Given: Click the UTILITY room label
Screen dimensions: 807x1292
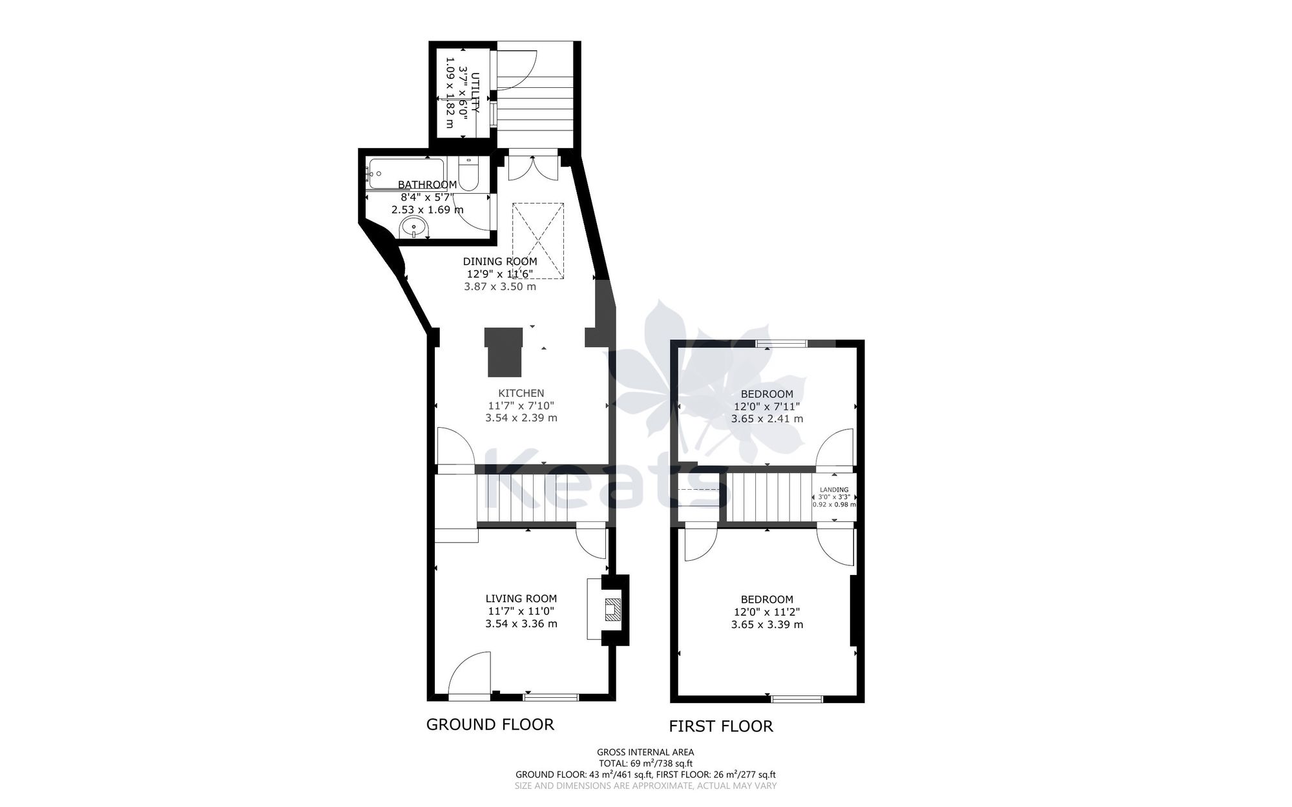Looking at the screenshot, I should [475, 94].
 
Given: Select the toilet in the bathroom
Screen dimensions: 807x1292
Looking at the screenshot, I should [468, 174].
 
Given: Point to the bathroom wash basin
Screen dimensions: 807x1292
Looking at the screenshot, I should [413, 227].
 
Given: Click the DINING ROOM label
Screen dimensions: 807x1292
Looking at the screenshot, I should [499, 262].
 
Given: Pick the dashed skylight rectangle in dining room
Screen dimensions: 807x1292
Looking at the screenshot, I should [538, 240].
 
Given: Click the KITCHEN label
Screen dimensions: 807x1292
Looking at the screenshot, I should [521, 393].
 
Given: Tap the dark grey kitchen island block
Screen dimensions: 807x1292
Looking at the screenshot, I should [503, 351].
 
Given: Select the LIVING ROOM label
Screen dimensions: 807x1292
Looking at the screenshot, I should [521, 599].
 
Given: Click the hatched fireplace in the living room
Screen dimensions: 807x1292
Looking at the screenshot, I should [612, 609].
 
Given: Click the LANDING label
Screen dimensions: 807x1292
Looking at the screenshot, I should [834, 490].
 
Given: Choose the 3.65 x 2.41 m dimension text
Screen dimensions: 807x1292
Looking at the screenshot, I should [767, 419].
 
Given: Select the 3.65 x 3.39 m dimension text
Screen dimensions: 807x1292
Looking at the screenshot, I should [767, 625].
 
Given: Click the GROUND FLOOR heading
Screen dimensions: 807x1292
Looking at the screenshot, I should [490, 724].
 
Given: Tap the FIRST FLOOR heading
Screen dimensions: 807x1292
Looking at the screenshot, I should [720, 726].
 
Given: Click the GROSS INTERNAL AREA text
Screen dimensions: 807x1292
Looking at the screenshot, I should [645, 752].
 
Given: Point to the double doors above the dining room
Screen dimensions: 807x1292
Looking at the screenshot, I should [532, 167].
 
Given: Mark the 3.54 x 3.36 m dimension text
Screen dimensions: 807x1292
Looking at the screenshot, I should [521, 624].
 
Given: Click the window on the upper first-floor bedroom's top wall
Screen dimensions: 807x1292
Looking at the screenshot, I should [782, 344].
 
